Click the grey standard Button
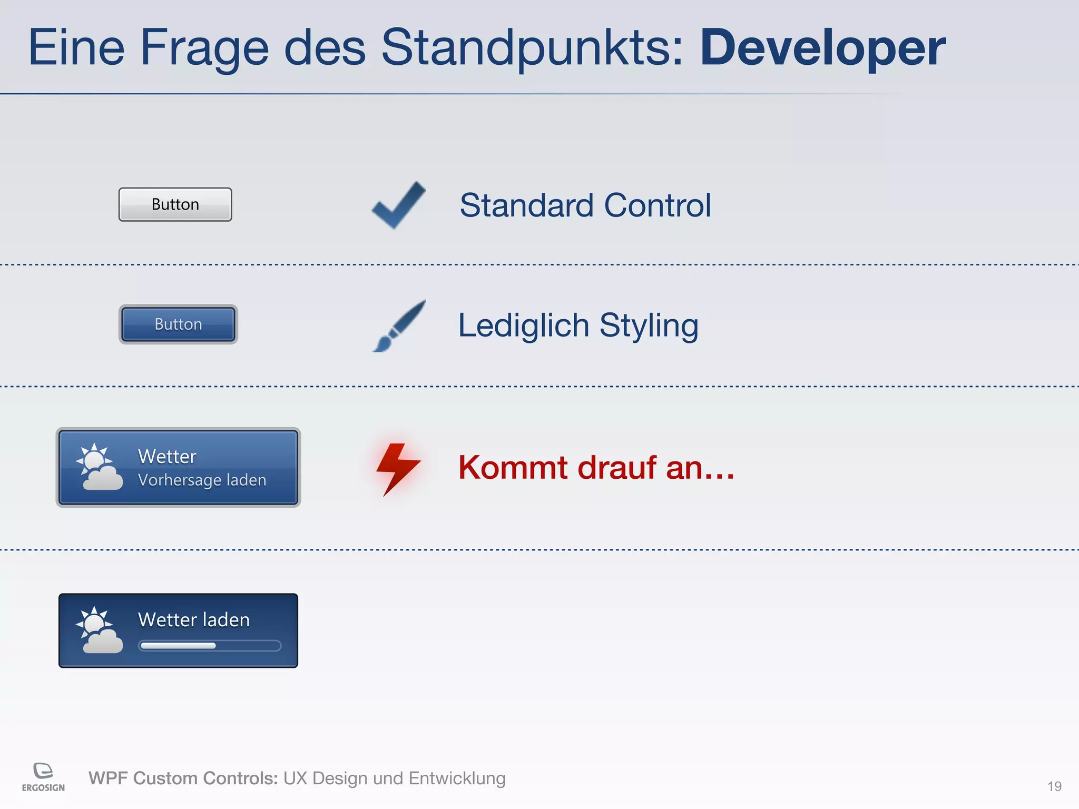pos(175,204)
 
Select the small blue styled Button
pos(178,324)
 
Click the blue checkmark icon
pos(399,205)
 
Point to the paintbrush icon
pos(399,326)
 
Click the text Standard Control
pos(585,205)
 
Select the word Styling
pos(649,326)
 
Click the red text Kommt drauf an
pos(595,467)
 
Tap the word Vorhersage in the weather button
pos(179,480)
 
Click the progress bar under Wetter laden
pos(210,646)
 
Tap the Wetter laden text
pos(193,620)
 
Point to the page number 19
pos(1054,786)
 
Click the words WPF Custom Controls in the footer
pos(183,778)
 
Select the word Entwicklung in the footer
pos(457,778)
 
